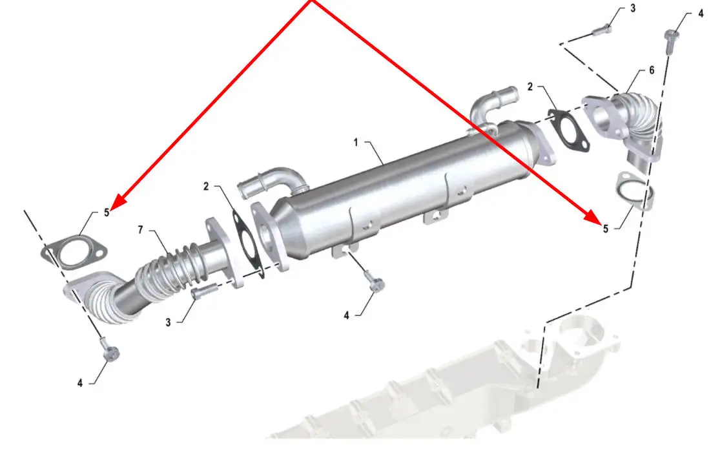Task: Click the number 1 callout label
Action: tap(356, 142)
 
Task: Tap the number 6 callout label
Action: tap(652, 70)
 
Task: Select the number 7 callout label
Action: tap(141, 230)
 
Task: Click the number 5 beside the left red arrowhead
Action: tap(107, 213)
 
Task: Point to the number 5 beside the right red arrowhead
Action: tap(605, 229)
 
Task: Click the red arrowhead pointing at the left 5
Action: tap(118, 202)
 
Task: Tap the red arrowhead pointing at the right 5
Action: tap(594, 216)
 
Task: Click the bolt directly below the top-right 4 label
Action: tap(671, 41)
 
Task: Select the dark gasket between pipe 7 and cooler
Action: tap(247, 243)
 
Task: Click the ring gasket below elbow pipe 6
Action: tap(635, 191)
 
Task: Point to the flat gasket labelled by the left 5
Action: tap(74, 251)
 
